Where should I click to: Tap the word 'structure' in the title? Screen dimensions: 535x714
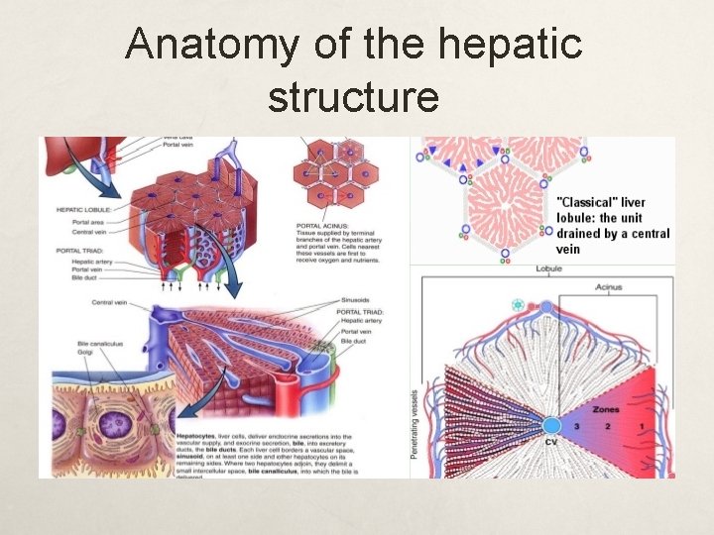352,97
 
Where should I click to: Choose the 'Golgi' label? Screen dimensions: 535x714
87,353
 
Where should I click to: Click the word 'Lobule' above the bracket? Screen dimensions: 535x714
548,269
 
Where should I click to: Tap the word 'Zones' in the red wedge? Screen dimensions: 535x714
605,409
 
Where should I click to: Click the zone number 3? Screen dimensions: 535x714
576,425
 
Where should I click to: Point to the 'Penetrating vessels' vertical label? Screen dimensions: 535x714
416,421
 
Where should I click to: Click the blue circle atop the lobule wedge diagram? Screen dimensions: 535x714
546,308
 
